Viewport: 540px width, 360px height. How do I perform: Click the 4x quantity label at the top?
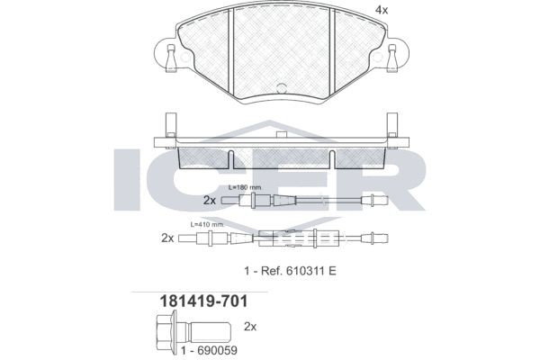(382, 11)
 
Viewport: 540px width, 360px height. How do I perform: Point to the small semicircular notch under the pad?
(281, 88)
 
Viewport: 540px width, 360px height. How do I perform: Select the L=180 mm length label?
(245, 187)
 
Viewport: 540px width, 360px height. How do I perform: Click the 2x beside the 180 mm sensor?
(209, 200)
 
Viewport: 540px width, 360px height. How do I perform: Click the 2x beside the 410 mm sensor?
(166, 238)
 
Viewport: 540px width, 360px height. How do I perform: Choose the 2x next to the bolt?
(251, 327)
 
